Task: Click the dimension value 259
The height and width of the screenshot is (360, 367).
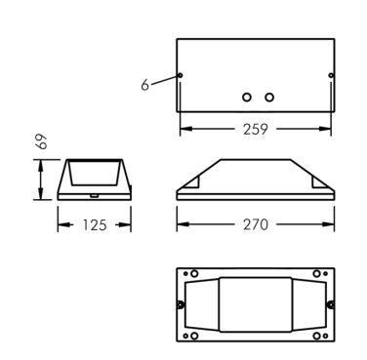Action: tap(256, 129)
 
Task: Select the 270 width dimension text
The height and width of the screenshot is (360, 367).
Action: tap(256, 224)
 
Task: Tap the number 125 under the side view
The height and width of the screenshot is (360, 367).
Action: tap(95, 225)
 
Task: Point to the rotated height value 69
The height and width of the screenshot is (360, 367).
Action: tap(42, 141)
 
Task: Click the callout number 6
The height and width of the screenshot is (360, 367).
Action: tap(144, 85)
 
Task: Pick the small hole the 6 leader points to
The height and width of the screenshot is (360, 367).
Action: tap(180, 75)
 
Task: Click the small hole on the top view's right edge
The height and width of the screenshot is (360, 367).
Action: tap(331, 75)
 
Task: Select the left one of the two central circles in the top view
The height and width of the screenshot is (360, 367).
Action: tap(247, 97)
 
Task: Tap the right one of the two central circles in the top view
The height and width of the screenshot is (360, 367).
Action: tap(269, 97)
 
